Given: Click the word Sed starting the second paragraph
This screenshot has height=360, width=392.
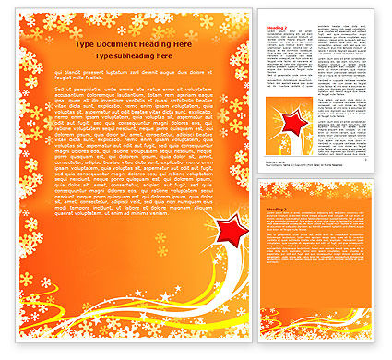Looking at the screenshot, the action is coord(60,89).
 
